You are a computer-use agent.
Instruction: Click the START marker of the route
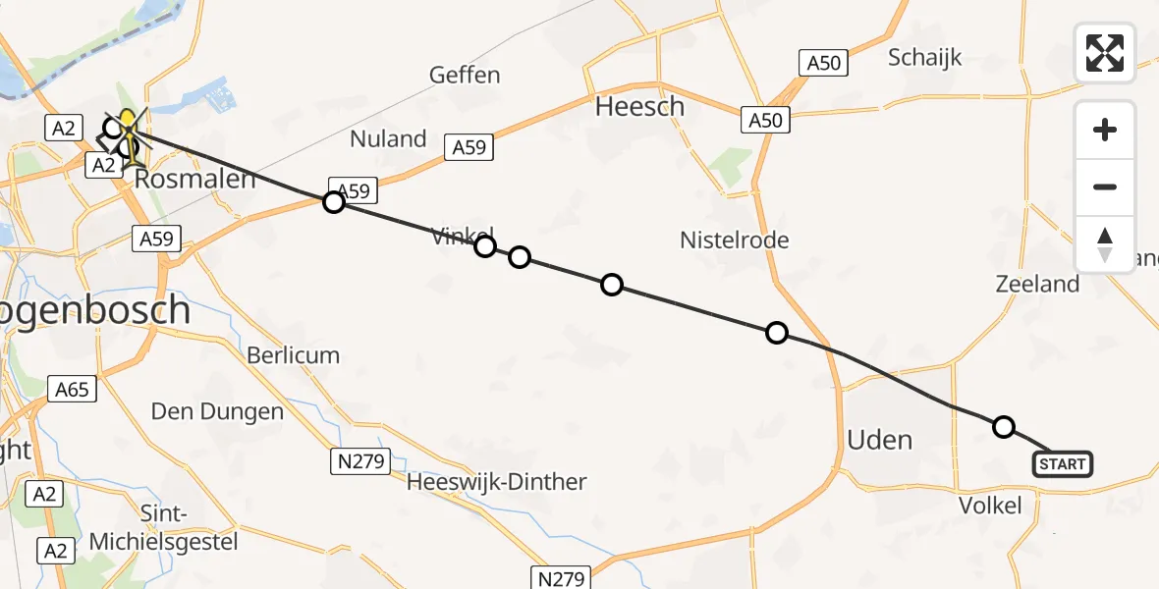coord(1063,463)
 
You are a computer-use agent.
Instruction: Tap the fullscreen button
coord(1105,53)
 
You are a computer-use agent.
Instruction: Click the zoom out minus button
coord(1105,187)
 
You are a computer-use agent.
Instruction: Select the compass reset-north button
coord(1105,244)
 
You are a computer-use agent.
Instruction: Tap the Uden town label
coord(879,440)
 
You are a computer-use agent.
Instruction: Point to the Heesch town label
coord(639,106)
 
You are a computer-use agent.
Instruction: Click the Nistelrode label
coord(735,240)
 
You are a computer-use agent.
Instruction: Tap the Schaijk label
coord(925,57)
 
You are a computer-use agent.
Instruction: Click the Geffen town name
coord(465,75)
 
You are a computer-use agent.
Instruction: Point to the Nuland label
coord(389,138)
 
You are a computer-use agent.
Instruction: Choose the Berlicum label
coord(293,355)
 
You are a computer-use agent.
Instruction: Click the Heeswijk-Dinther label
coord(496,482)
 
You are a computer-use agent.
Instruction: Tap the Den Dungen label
coord(217,411)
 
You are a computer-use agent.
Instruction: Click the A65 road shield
coord(72,390)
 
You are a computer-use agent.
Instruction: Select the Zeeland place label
coord(1036,285)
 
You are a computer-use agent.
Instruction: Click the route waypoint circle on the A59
coord(334,202)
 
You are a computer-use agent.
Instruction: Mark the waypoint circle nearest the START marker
coord(1003,426)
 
